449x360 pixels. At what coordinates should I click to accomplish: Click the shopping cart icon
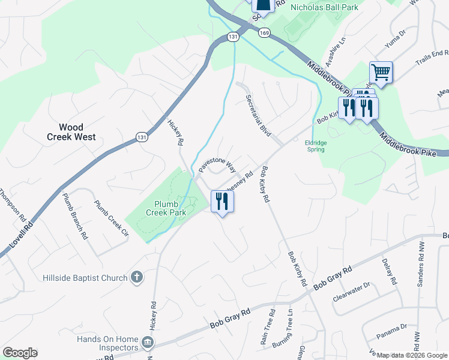(x=381, y=73)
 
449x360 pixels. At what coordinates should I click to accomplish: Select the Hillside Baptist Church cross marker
(x=137, y=278)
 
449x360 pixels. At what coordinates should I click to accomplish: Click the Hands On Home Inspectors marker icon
(x=148, y=343)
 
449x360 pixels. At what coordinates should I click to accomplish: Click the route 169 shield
(x=265, y=34)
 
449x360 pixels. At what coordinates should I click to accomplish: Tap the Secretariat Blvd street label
(x=257, y=115)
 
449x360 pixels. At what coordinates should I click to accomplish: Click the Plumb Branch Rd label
(x=75, y=216)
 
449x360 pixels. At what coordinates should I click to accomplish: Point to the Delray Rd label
(x=389, y=272)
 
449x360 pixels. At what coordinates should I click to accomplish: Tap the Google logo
(x=20, y=353)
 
